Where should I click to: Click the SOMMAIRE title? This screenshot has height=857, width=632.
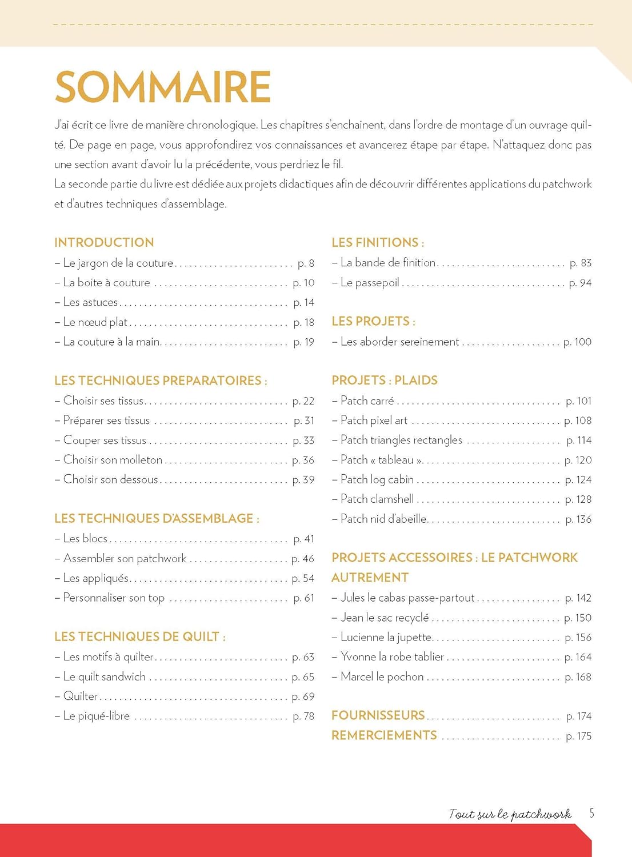click(x=163, y=87)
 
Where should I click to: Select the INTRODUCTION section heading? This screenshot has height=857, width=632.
click(x=104, y=242)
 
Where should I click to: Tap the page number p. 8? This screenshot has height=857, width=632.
click(x=306, y=263)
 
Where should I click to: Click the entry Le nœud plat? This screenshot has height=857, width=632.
click(x=95, y=322)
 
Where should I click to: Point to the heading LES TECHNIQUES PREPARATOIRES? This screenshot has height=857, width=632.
click(x=160, y=381)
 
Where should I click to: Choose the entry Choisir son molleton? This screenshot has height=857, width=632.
click(x=113, y=460)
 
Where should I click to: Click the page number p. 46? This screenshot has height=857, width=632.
click(x=303, y=559)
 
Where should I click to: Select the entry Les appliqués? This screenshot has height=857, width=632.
click(x=96, y=578)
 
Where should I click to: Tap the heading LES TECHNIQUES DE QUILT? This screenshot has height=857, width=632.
click(x=139, y=636)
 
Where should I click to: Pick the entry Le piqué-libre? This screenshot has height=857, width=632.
click(x=96, y=716)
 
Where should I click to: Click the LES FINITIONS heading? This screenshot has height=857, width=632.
click(x=377, y=242)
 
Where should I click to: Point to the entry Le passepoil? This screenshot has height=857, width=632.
click(x=370, y=283)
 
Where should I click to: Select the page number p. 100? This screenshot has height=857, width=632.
click(x=577, y=342)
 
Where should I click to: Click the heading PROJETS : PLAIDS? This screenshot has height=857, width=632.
click(x=385, y=381)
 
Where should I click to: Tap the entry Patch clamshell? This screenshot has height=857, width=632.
click(x=377, y=499)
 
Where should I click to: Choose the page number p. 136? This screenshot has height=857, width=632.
click(x=578, y=519)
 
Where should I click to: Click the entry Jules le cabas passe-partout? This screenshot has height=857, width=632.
click(x=407, y=598)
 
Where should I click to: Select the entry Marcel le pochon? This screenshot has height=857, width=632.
click(x=382, y=677)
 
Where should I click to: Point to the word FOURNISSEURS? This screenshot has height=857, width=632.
click(x=378, y=715)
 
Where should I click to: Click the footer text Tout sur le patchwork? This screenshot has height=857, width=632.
click(x=510, y=814)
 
